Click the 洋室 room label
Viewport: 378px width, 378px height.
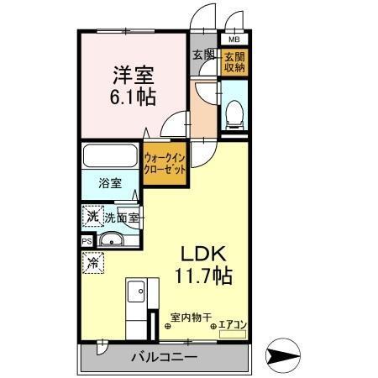pos(132,73)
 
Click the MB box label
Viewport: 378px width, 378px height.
pos(233,39)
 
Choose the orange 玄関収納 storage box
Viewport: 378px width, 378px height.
pos(233,62)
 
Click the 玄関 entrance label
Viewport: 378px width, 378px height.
pos(203,55)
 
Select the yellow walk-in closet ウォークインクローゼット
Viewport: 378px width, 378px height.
pos(165,162)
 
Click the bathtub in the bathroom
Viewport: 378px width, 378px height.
pos(111,157)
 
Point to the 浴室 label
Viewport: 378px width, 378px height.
pos(109,182)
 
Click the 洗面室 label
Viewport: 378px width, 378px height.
pos(122,218)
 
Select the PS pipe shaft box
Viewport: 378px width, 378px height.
pos(87,241)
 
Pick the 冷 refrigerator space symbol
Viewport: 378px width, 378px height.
pos(92,264)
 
